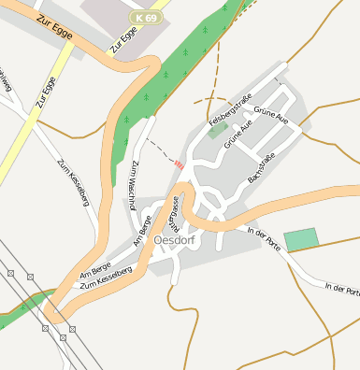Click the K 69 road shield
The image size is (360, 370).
click(x=145, y=18)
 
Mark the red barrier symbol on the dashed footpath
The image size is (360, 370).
click(x=178, y=164)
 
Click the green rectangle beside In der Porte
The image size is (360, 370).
click(x=300, y=238)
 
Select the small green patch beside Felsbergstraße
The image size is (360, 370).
click(x=218, y=132)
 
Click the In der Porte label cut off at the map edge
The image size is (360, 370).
click(x=340, y=289)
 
